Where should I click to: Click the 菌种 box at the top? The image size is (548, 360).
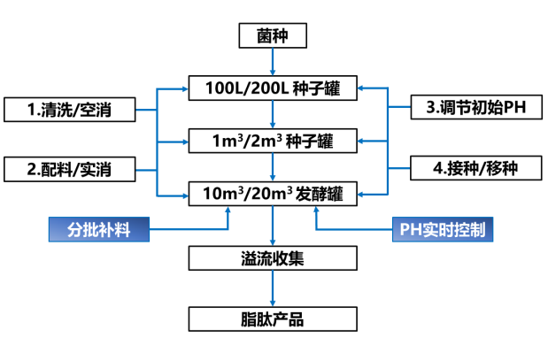273,36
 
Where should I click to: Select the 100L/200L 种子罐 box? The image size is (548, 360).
273,88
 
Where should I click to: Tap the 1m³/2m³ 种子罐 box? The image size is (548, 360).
273,140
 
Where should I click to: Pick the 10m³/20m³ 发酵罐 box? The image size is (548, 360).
273,191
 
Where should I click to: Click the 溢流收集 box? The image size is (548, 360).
273,258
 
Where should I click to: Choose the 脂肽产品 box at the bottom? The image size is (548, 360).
273,319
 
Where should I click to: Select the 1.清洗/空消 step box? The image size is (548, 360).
69,110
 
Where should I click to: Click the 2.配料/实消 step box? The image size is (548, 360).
69,167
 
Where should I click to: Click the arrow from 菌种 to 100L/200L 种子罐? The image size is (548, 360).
273,63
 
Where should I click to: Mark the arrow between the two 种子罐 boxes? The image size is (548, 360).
273,114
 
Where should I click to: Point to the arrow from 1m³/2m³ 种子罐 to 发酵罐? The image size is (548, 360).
273,165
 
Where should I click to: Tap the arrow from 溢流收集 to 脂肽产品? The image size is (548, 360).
273,288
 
